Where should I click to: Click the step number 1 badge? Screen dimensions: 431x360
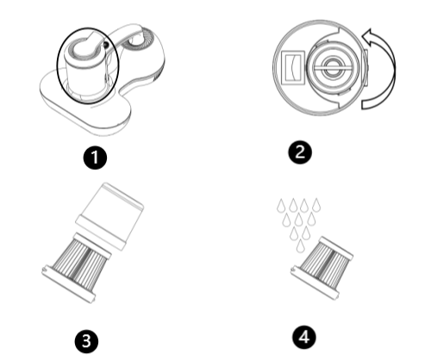coord(95,158)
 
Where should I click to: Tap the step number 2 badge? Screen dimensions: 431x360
coord(300,152)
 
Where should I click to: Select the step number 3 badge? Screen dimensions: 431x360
coord(86,341)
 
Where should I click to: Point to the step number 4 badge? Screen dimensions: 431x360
coord(304,338)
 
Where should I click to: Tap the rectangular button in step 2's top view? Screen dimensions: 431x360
coord(293,68)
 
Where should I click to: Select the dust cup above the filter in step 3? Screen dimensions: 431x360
coord(109,216)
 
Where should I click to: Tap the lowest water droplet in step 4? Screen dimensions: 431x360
coord(300,246)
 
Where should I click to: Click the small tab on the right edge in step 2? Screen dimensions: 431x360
coord(366,68)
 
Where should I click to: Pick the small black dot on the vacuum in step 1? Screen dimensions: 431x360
coord(106,45)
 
